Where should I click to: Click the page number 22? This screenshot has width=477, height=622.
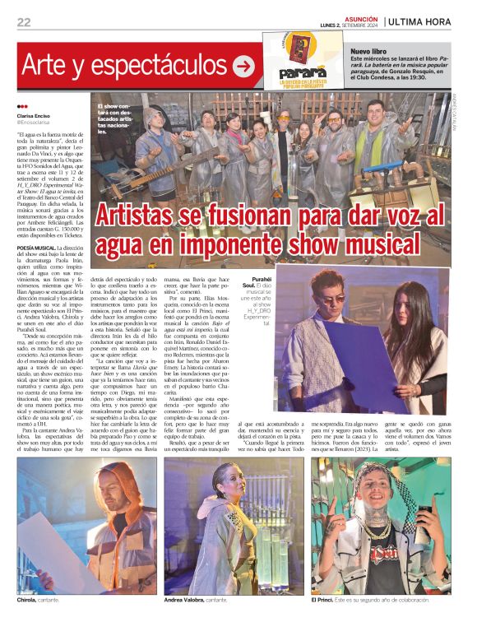(24, 22)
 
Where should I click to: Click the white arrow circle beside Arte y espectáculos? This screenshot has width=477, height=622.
(243, 66)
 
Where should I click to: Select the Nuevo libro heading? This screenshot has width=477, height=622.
(370, 51)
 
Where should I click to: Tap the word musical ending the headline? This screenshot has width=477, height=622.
(393, 244)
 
